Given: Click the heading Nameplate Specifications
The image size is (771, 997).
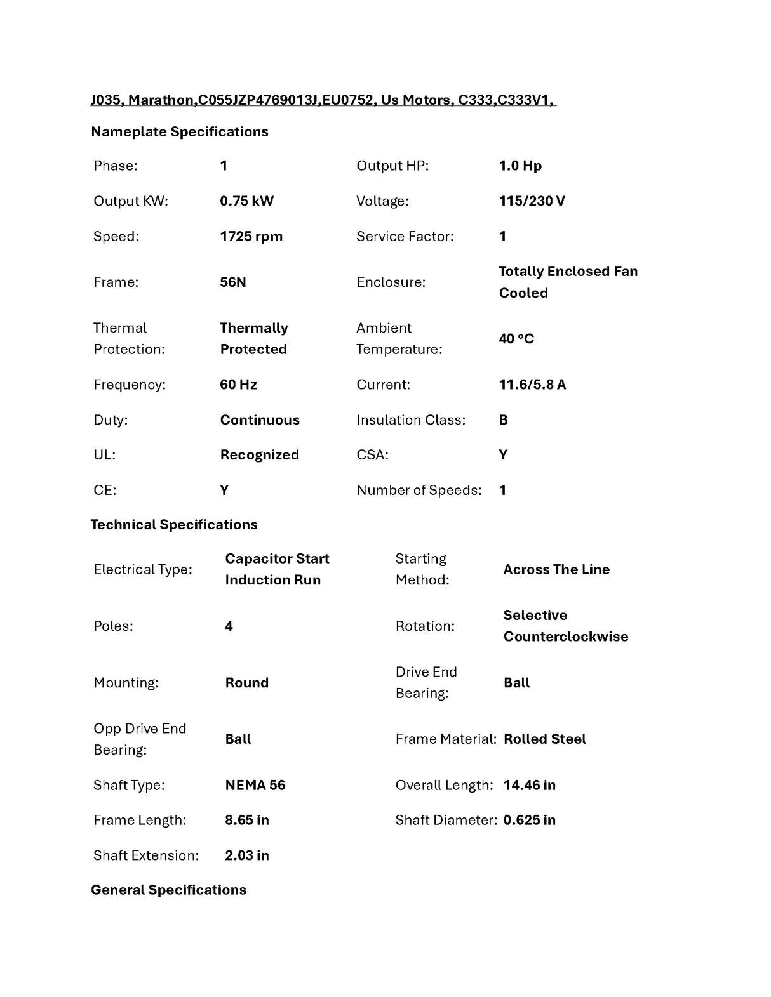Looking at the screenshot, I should tap(180, 132).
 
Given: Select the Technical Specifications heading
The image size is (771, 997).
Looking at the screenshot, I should tap(174, 525).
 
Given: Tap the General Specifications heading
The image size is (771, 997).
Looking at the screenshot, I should tap(168, 890).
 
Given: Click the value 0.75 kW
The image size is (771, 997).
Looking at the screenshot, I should tap(246, 201).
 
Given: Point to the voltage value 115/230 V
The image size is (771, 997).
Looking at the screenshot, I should tap(532, 201).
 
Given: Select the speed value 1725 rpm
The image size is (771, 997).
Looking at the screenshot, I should tap(251, 237).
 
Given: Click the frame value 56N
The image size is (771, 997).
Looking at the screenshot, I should tap(232, 282).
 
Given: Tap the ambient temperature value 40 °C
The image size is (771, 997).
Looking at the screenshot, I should tap(516, 339).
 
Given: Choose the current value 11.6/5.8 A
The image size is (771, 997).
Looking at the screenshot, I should tap(532, 385).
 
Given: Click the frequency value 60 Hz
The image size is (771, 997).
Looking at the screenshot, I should tap(238, 385).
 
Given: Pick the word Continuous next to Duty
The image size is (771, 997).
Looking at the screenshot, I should tap(260, 420).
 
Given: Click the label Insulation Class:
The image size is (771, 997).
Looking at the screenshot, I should tap(411, 420).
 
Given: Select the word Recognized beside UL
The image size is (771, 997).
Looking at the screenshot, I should tap(259, 455).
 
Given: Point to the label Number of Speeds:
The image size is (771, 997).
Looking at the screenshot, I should tap(419, 491).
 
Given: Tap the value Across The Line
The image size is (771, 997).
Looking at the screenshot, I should tap(556, 570).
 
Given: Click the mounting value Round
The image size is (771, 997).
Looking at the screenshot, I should tap(246, 683).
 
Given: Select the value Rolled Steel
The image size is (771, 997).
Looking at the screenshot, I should tap(544, 739).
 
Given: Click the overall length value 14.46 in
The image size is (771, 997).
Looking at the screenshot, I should tap(529, 786).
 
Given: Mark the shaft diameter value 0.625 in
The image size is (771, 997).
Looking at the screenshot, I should tap(529, 821).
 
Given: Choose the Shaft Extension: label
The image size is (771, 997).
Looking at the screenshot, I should tap(146, 855).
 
